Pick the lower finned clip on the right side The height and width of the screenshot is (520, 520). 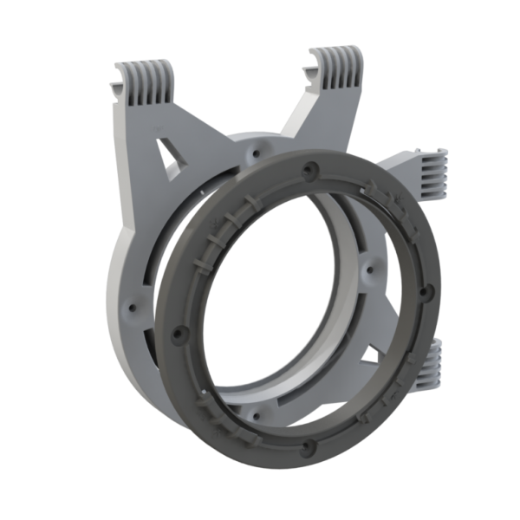tap(432, 360)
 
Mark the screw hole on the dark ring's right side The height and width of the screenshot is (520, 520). tap(424, 291)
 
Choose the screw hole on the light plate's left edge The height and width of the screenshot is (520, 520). tap(132, 305)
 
